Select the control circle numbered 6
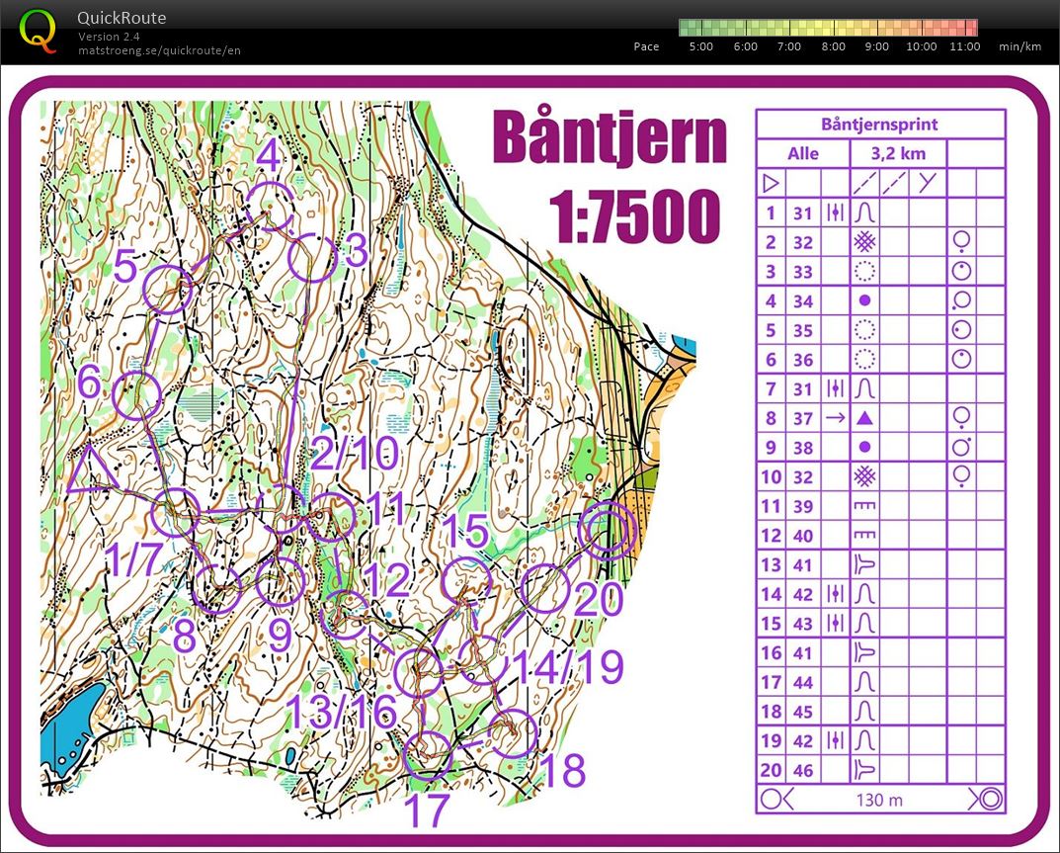click(137, 395)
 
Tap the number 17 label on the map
click(427, 810)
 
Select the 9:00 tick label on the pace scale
click(875, 46)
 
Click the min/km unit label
click(1019, 46)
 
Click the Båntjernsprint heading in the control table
click(879, 125)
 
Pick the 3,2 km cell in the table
click(897, 154)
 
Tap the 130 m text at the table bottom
click(879, 799)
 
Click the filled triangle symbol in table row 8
click(865, 418)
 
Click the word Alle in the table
click(802, 154)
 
